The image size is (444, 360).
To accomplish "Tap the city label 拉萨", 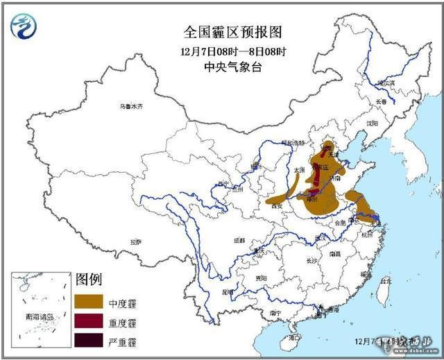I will pyautogui.click(x=135, y=242).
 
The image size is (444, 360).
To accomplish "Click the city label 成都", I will pyautogui.click(x=239, y=240).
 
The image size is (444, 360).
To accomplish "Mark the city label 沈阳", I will pyautogui.click(x=373, y=123).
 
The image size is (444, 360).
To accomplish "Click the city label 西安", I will pyautogui.click(x=277, y=205).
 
